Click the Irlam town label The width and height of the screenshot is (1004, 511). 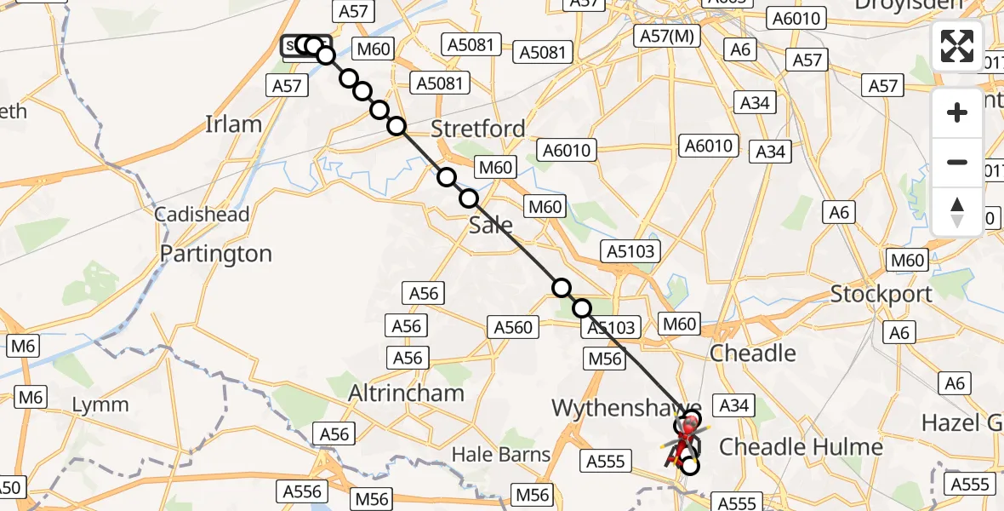coord(233,124)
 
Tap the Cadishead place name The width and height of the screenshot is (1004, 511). coord(202,214)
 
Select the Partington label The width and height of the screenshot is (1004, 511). coord(215,254)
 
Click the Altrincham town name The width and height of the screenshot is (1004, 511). coord(407,393)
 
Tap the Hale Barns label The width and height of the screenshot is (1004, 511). coord(501,455)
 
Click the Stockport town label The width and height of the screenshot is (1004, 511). coord(881,295)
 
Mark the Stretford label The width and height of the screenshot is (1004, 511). coord(477,129)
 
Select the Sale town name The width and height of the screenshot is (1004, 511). coord(491,225)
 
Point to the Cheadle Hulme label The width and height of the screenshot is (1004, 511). coord(801,446)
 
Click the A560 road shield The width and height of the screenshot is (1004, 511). coord(512,326)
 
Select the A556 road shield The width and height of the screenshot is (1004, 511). coord(302,491)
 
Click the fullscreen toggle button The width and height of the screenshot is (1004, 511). coord(957,46)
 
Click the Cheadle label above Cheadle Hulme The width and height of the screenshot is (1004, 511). coord(752,353)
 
